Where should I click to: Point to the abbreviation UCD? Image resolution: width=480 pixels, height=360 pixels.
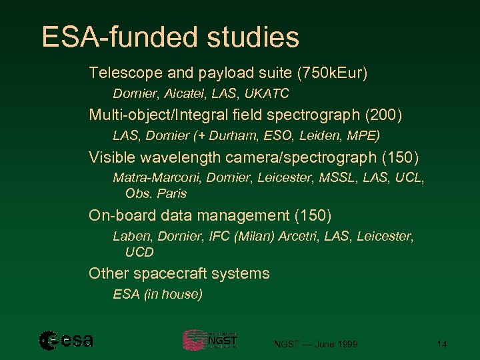click(139, 252)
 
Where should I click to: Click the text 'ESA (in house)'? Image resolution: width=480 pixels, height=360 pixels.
click(158, 294)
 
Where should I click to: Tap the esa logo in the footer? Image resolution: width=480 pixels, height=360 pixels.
click(66, 341)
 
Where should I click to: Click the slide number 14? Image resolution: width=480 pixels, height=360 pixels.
click(441, 344)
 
